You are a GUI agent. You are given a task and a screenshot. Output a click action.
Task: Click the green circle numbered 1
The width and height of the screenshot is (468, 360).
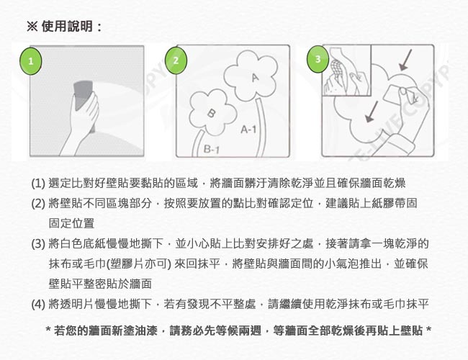[30, 61]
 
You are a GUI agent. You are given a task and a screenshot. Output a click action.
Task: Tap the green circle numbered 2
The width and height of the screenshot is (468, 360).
[176, 60]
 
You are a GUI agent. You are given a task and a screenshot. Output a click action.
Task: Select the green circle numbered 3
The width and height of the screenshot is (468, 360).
[318, 59]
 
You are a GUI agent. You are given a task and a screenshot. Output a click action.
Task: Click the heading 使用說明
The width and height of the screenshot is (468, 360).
[67, 26]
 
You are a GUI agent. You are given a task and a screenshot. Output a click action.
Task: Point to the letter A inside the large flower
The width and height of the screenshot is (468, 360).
[255, 77]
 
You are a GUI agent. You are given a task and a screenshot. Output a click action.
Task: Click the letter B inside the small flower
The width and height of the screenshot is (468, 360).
[211, 113]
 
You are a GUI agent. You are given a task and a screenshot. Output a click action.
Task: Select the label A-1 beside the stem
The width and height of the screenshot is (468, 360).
[248, 130]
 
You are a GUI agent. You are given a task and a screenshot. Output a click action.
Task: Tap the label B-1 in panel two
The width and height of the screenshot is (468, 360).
[211, 148]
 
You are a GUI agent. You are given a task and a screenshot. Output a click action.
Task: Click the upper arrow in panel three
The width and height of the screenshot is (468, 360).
[405, 60]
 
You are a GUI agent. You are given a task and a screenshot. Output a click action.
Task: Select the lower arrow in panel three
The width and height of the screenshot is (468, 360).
[372, 112]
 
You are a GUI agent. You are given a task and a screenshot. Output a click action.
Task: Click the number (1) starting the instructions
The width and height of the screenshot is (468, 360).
[38, 183]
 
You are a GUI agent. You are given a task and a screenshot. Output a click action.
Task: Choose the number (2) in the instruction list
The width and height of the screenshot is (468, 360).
[38, 203]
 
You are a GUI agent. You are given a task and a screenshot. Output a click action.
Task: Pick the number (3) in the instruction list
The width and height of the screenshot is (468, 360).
[38, 244]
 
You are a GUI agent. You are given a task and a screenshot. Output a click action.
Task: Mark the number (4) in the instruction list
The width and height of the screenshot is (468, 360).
[38, 304]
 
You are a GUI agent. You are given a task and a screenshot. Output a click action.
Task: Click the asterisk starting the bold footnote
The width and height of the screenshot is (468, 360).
[48, 330]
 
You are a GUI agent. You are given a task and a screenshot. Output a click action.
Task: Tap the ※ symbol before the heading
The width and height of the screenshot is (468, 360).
[32, 26]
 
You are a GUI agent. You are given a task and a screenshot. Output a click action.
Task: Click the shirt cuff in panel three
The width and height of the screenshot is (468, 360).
[402, 144]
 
